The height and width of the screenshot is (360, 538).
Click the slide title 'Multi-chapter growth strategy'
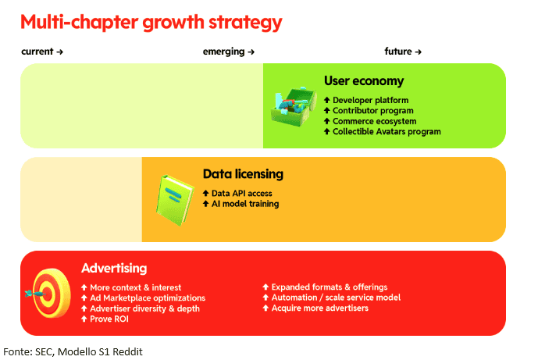point(151,23)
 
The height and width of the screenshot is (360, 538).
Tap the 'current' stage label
point(37,52)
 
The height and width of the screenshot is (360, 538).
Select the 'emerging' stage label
point(223,52)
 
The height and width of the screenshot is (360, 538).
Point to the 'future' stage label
point(398,52)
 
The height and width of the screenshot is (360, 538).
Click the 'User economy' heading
point(364,81)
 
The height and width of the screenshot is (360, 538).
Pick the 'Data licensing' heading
point(243,174)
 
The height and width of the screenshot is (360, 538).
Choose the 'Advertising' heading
point(114,268)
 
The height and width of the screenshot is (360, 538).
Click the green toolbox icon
point(294,106)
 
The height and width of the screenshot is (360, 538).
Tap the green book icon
point(175,201)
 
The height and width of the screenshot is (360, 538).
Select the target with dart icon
point(48,293)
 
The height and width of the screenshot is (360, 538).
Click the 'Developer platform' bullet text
point(371,100)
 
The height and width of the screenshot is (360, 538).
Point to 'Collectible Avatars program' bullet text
point(387,132)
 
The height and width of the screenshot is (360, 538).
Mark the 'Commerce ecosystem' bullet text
point(374,121)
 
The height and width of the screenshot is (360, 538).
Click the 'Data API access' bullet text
point(241,193)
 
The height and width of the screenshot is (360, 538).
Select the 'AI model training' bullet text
point(245,204)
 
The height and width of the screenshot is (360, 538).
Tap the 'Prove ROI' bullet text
point(109,319)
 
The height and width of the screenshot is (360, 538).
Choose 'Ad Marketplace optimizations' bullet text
point(148,298)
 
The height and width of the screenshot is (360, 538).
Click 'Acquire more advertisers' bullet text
point(320,308)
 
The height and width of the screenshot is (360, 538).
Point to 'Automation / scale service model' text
point(336,298)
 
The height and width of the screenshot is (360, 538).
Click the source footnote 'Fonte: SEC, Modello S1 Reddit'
point(73,351)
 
